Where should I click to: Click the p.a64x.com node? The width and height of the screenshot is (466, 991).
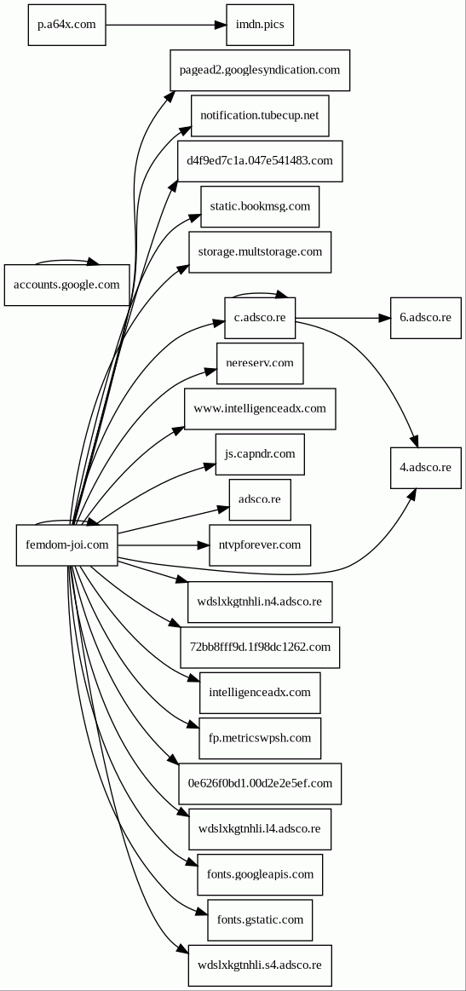click(x=66, y=26)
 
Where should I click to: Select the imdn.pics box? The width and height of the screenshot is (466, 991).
click(x=260, y=26)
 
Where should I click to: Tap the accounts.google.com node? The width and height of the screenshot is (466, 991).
click(x=66, y=285)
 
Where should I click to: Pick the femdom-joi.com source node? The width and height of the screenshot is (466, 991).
click(x=67, y=544)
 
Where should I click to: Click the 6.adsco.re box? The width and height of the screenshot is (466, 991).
click(x=425, y=318)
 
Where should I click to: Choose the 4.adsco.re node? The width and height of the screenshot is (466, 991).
click(x=425, y=468)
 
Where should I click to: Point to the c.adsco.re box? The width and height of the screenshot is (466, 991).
click(x=260, y=318)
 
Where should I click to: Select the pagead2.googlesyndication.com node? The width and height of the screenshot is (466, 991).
click(x=260, y=70)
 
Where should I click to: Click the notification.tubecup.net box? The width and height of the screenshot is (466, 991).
click(x=260, y=116)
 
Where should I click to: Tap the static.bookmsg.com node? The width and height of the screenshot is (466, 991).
click(x=260, y=207)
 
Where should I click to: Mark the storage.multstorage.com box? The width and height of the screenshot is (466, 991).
click(x=260, y=252)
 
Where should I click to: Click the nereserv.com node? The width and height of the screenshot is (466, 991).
click(x=260, y=363)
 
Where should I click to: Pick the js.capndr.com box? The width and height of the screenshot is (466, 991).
click(x=260, y=454)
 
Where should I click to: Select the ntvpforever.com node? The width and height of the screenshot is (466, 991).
click(x=260, y=544)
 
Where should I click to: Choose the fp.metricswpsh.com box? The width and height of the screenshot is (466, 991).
click(x=260, y=738)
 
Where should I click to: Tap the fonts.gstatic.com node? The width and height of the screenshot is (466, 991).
click(x=260, y=920)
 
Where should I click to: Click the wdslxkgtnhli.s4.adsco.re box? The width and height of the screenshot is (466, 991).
click(x=260, y=965)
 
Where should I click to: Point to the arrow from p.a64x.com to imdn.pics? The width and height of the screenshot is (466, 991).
click(x=166, y=26)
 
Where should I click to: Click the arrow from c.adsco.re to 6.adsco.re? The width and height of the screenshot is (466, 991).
click(x=342, y=318)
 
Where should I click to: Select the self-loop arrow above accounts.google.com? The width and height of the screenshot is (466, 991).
click(x=66, y=260)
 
